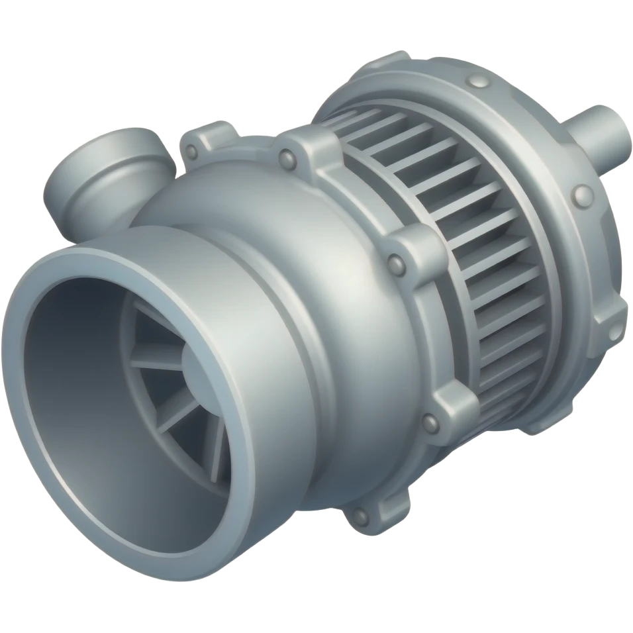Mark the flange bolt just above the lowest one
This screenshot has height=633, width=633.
429,420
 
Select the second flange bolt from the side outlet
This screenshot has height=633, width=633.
287,158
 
